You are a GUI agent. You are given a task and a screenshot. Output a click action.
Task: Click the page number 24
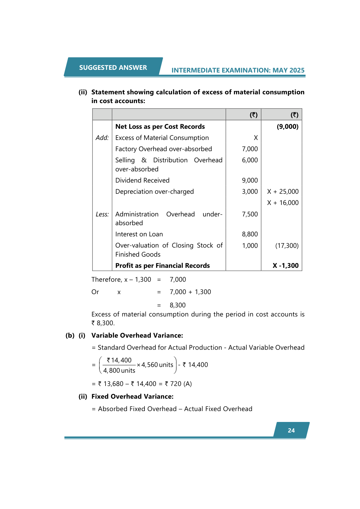[291, 430]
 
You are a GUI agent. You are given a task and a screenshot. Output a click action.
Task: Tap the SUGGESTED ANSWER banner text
[113, 68]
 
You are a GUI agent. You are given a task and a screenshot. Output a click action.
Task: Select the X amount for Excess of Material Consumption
[256, 138]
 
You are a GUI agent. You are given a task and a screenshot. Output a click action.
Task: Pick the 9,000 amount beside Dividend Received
[250, 180]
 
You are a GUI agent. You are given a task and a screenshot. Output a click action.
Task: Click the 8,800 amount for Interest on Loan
[250, 234]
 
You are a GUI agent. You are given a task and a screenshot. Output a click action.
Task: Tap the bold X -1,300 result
[285, 266]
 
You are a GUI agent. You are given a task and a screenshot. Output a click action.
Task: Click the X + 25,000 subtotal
[283, 192]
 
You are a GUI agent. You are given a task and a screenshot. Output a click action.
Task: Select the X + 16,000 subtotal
[283, 203]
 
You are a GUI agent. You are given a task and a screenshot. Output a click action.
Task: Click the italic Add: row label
[102, 138]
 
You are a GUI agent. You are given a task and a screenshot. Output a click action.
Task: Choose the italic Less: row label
[102, 214]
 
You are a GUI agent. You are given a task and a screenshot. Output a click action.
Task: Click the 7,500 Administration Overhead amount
[250, 214]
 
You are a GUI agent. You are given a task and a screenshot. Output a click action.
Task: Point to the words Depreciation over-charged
[154, 192]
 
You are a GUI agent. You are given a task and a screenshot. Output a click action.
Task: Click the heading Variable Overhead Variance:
[137, 336]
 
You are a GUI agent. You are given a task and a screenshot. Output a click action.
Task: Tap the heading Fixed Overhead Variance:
[132, 397]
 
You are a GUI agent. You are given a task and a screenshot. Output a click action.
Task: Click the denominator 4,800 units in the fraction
[119, 371]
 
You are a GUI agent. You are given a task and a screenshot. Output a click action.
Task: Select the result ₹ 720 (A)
[178, 384]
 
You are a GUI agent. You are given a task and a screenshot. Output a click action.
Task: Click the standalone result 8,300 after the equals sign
[178, 305]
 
